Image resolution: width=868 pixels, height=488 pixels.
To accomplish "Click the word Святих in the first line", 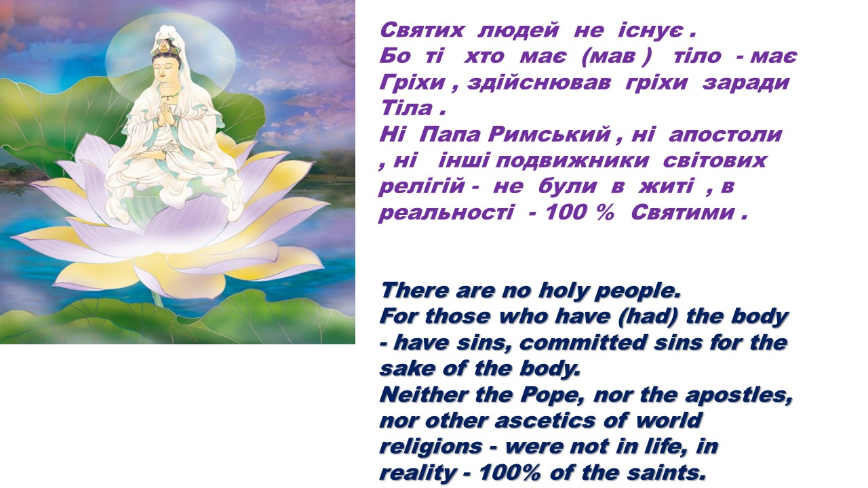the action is tap(422, 30).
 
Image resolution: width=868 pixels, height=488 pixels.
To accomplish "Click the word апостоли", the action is tap(725, 135).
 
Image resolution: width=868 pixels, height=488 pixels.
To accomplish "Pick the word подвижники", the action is tap(572, 161).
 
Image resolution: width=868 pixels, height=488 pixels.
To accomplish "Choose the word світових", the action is tap(715, 161).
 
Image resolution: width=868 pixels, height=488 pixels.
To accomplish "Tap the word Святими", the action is tap(683, 213).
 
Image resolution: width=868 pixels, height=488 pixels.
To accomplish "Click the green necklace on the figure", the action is tap(169, 94).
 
